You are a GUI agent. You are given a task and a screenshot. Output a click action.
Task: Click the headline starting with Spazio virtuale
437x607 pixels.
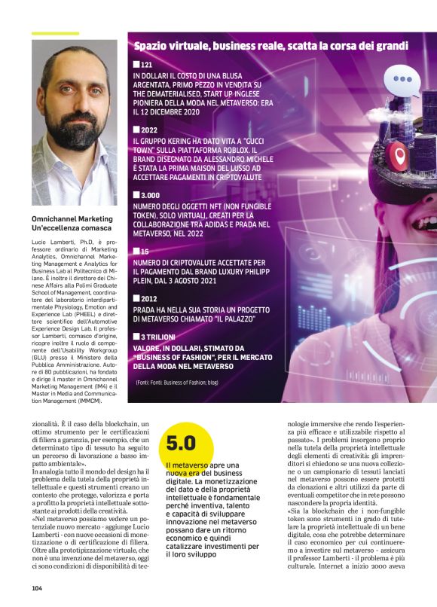[x=271, y=47]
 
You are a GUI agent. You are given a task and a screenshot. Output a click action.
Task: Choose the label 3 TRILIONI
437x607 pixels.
[x=158, y=336]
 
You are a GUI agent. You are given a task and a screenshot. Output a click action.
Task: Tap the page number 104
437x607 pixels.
[x=37, y=587]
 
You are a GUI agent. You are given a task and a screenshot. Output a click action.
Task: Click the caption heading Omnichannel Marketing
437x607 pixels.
[x=71, y=217]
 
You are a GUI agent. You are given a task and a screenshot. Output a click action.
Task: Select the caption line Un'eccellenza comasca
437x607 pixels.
[x=72, y=227]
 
